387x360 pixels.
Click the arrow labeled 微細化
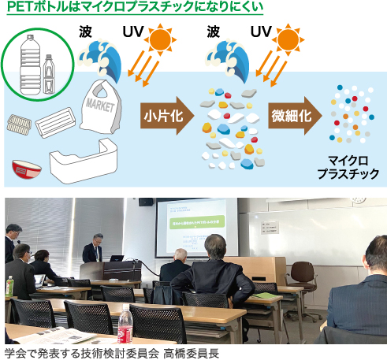click(292, 116)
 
